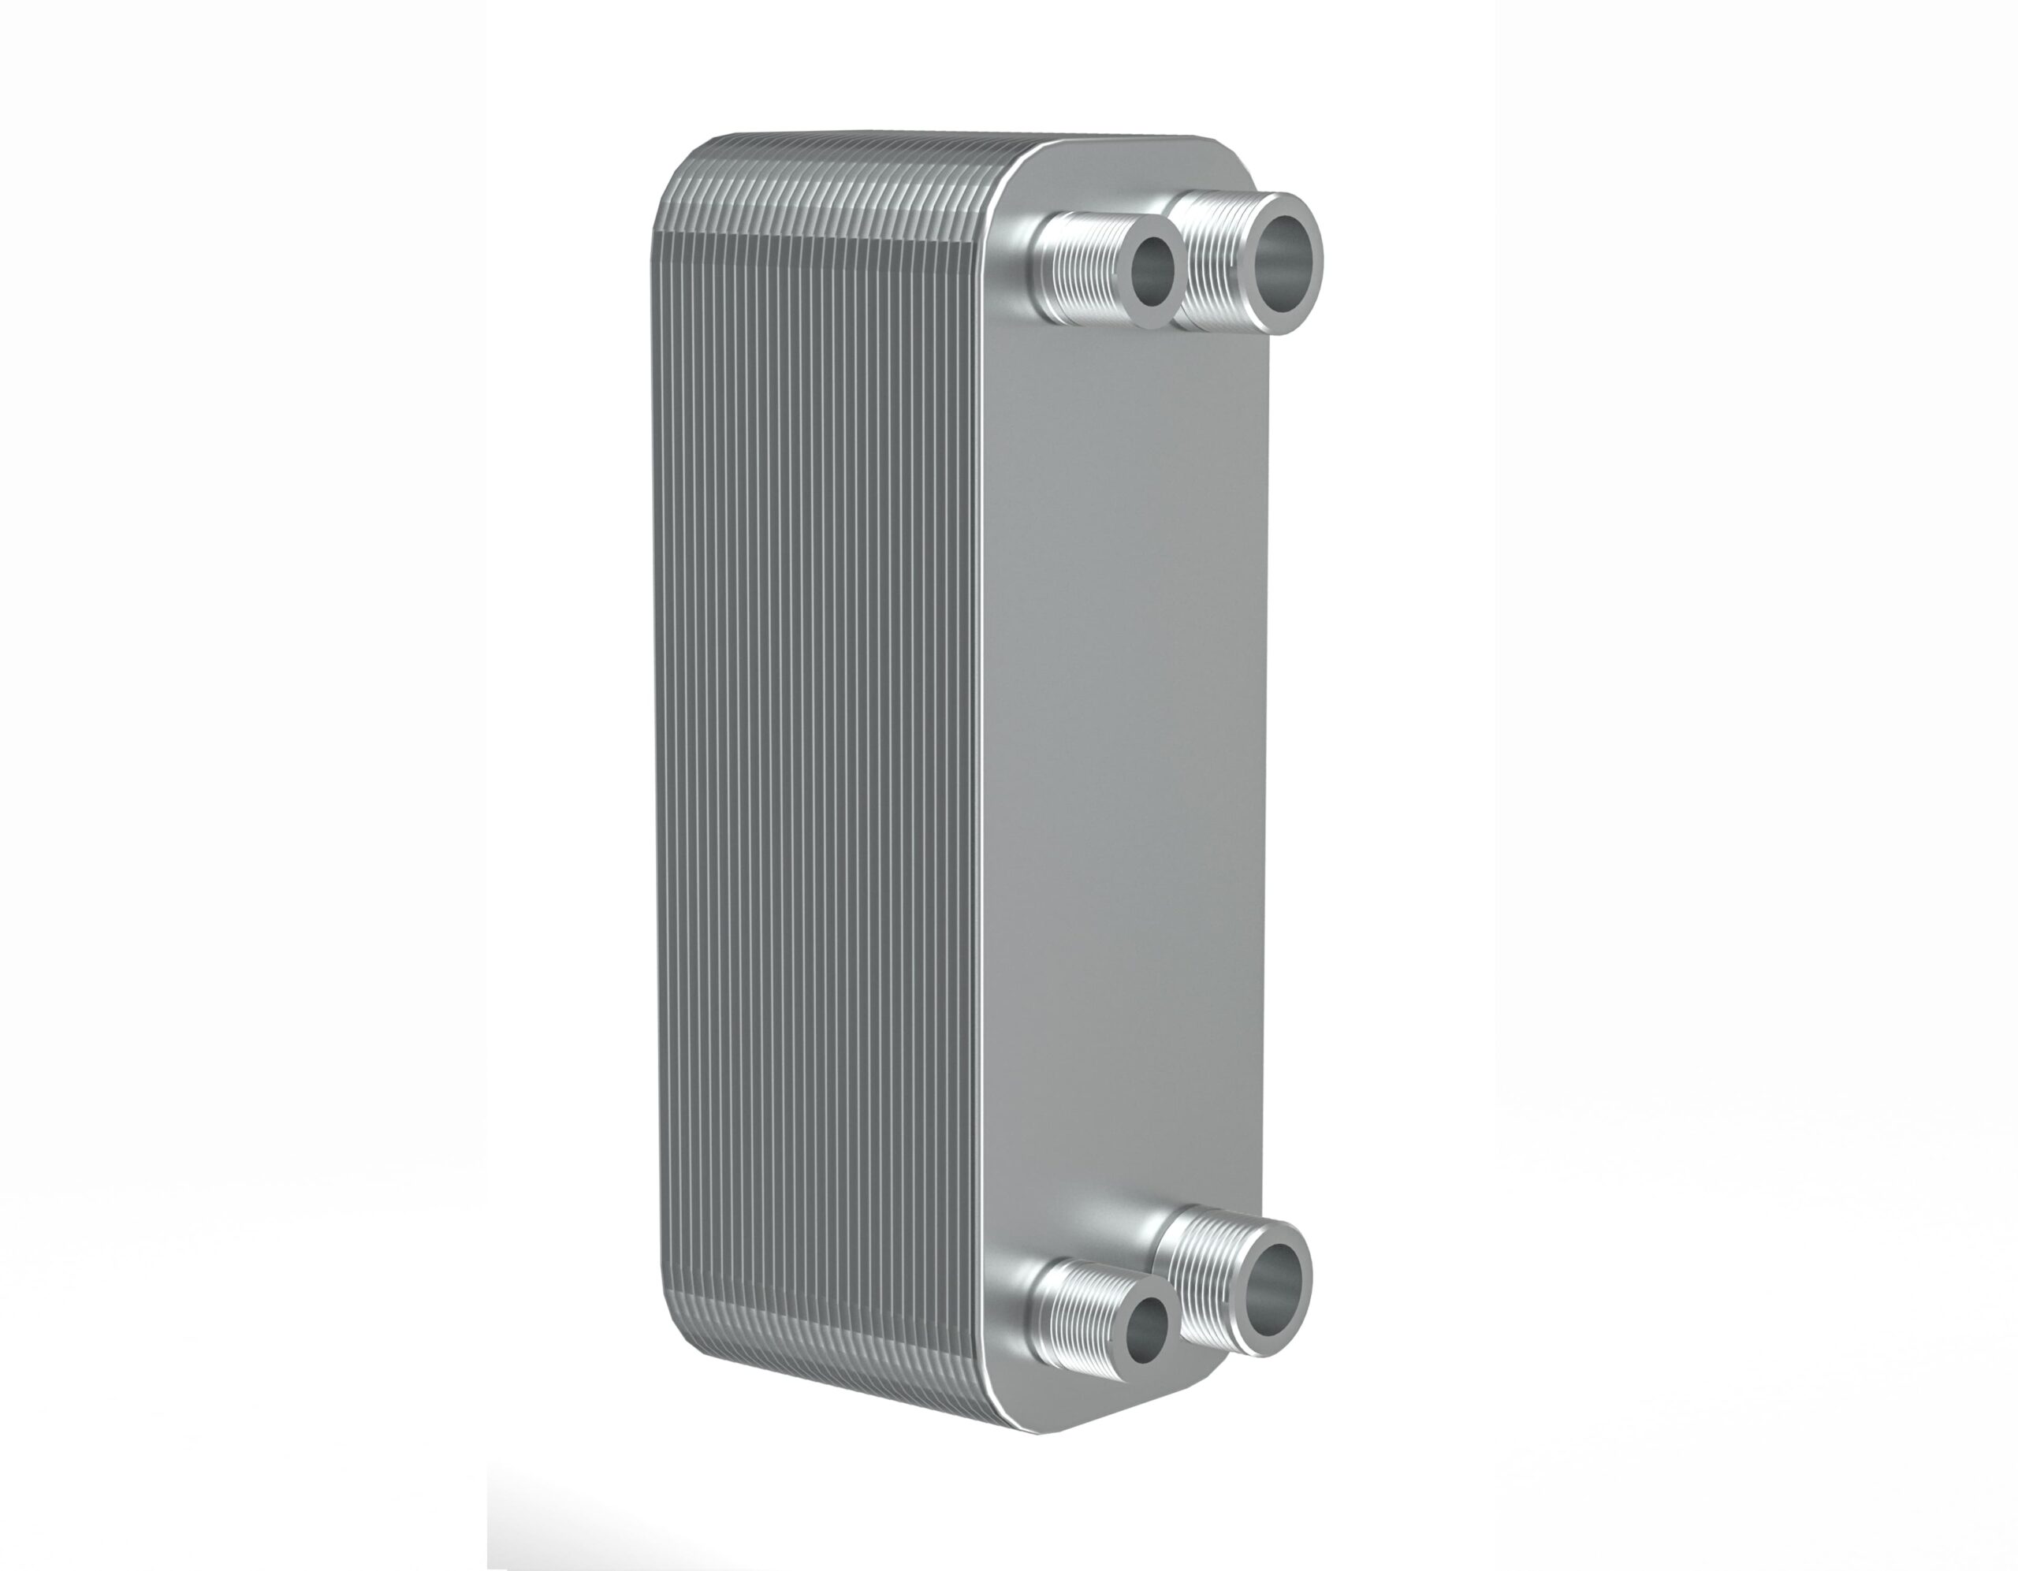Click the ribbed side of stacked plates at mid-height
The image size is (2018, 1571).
pos(814,785)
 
